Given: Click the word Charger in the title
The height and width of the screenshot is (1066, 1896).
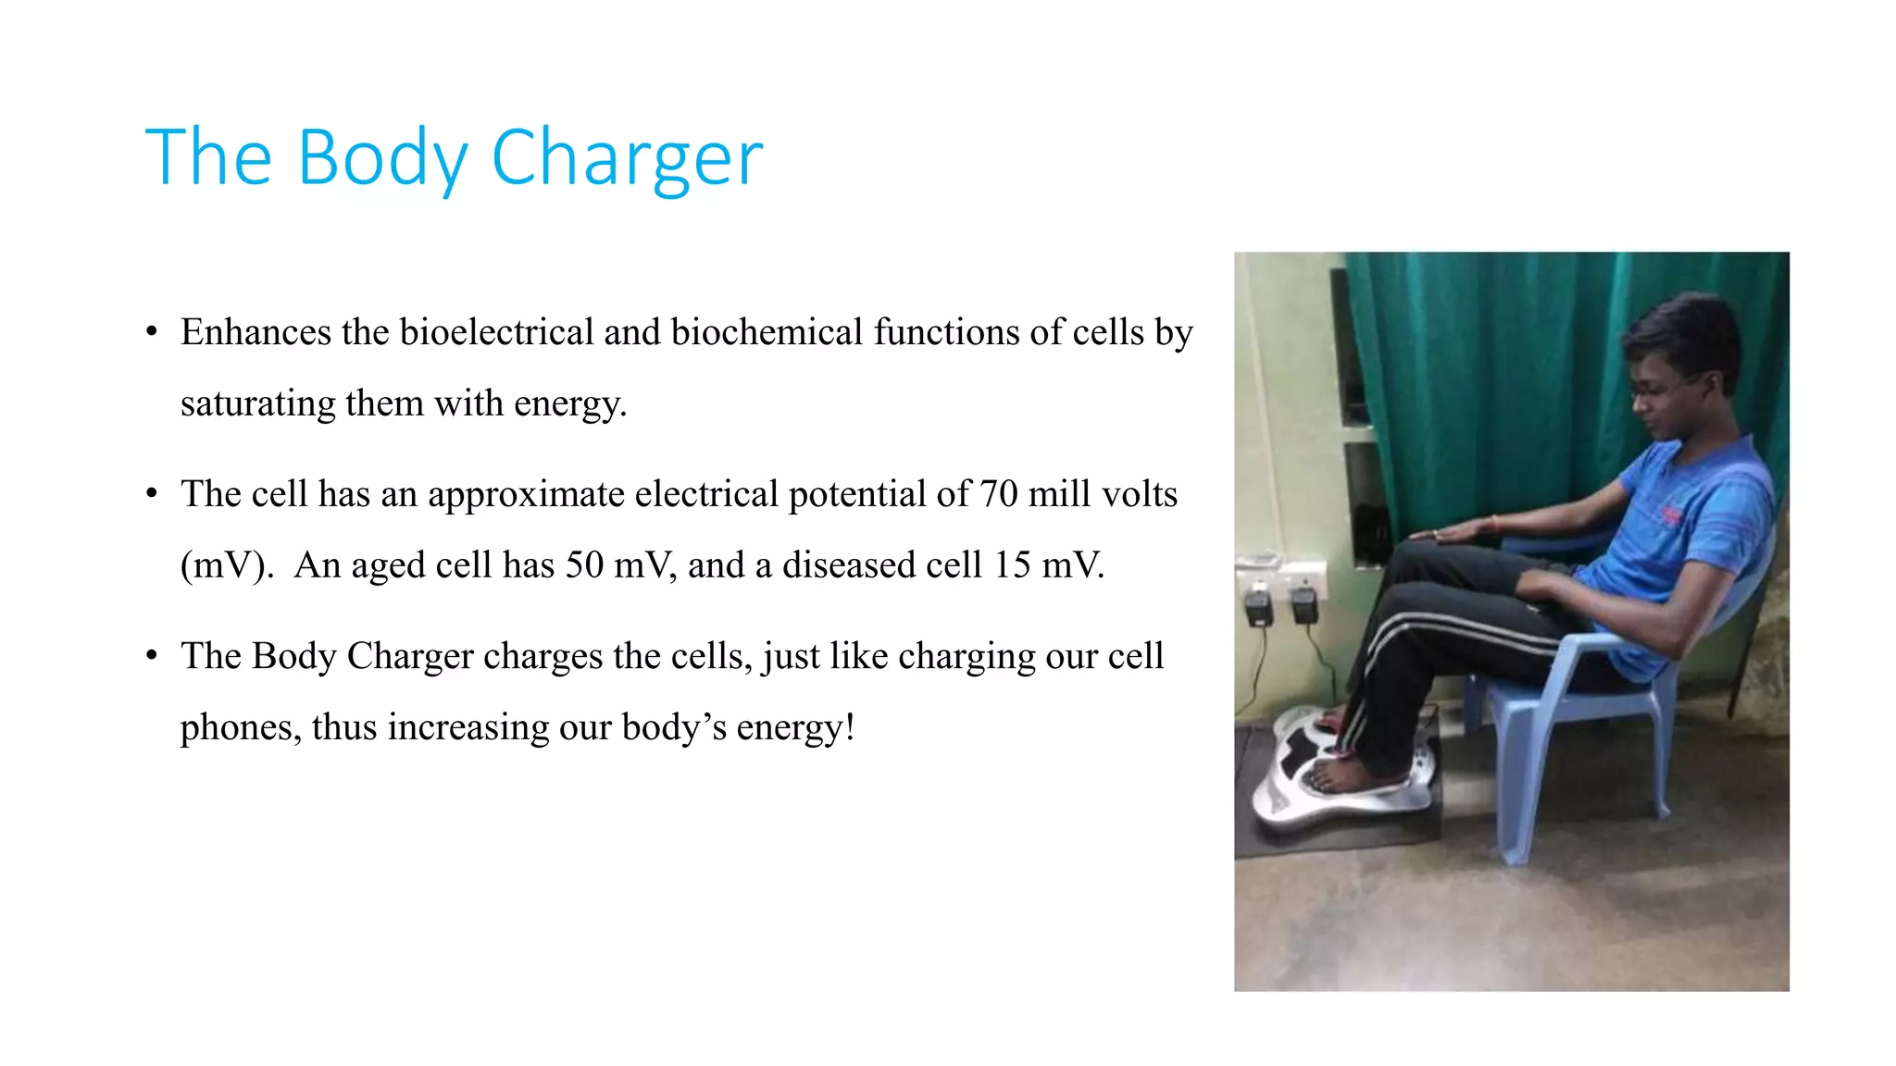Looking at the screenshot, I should coord(627,158).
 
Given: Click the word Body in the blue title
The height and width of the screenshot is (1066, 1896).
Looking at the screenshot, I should coord(382,158).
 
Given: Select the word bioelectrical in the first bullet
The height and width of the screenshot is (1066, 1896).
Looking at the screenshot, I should coord(496,332).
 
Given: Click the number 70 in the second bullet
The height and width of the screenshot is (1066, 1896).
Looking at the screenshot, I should coord(998,494).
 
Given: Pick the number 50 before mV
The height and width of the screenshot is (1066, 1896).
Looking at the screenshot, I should coord(584,565).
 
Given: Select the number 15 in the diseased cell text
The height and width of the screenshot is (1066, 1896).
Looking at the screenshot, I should coord(1012,565).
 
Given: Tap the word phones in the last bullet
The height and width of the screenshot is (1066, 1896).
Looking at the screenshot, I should coord(240,727).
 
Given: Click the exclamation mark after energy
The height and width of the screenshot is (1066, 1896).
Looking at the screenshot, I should coord(849,727).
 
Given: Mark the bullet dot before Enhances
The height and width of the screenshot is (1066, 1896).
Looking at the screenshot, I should coord(152,332).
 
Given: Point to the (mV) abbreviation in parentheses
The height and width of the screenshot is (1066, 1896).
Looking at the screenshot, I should coord(227,565).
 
